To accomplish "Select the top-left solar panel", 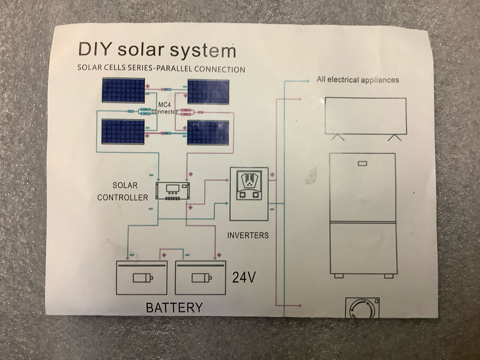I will click(x=123, y=90).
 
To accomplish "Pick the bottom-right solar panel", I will click(x=208, y=132).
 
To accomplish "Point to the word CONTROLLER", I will click(x=122, y=197).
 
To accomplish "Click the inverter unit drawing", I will click(x=249, y=194).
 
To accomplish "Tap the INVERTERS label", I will click(x=248, y=235).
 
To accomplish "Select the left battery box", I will click(x=142, y=277).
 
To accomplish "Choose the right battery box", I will click(x=201, y=277).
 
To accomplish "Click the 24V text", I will click(x=244, y=277).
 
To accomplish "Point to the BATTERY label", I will click(x=174, y=307).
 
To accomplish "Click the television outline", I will click(x=366, y=116).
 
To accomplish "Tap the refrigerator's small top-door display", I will click(x=362, y=164).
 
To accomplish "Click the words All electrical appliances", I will click(x=357, y=80).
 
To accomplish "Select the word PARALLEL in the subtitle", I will click(x=174, y=69).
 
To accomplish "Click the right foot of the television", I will click(x=394, y=137).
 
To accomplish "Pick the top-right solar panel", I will click(x=208, y=92).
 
